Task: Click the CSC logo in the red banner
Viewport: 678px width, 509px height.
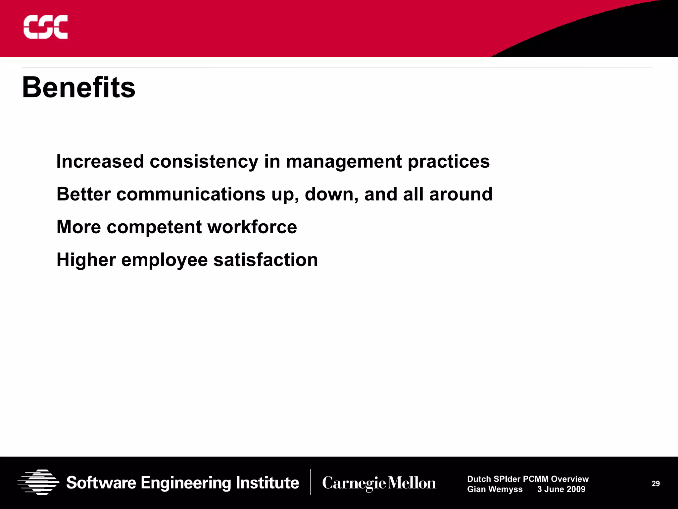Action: coord(45,27)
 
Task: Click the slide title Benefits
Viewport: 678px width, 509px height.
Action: coord(79,87)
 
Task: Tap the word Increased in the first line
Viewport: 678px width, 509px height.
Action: coord(100,162)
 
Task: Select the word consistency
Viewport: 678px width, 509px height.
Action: coord(204,162)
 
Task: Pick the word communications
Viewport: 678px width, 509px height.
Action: coord(191,194)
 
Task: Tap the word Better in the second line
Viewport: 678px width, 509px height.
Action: coord(83,194)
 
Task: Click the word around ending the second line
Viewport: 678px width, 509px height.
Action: coord(460,194)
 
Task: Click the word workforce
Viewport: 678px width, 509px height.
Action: coord(252,227)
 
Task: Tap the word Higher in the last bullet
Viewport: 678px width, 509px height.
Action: coord(86,260)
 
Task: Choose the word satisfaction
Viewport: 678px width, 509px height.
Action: coord(266,260)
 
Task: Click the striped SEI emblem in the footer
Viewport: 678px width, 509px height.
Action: coord(38,482)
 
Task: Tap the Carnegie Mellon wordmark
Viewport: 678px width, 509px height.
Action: coord(379,483)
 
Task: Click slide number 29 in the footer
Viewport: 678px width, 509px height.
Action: coord(655,484)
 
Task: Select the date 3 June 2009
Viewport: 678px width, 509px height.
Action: coord(561,489)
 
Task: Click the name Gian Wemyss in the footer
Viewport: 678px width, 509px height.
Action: coord(495,489)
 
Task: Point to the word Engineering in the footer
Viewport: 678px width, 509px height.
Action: coord(186,483)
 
